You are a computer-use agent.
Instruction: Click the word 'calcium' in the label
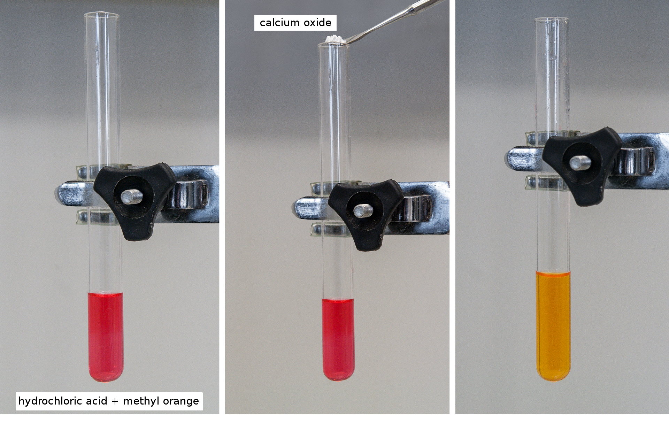point(280,23)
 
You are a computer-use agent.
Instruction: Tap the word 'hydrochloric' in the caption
point(63,401)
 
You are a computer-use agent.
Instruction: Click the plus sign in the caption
point(115,402)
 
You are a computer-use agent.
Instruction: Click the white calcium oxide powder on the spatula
point(335,40)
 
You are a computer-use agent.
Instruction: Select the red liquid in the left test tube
point(106,336)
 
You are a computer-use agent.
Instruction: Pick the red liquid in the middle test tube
point(338,338)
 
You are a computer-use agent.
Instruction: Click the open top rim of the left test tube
point(101,15)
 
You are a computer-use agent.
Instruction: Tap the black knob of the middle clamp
point(366,215)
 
